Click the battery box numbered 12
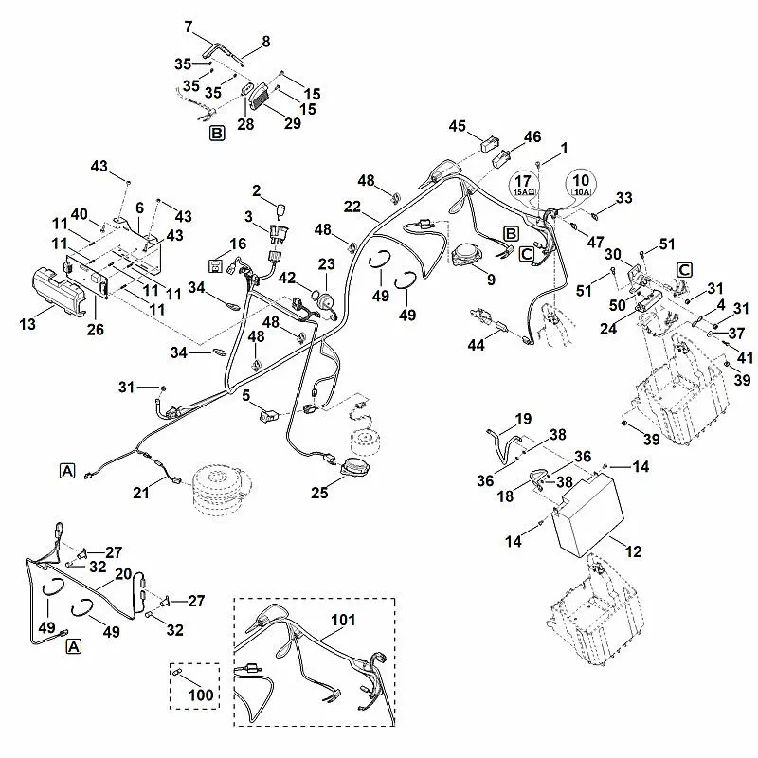[585, 517]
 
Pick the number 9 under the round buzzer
[490, 280]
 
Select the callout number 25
[320, 492]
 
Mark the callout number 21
[141, 492]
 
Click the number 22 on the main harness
[352, 207]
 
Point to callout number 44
[476, 347]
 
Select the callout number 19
[523, 420]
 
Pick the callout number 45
[459, 126]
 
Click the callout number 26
[94, 329]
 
